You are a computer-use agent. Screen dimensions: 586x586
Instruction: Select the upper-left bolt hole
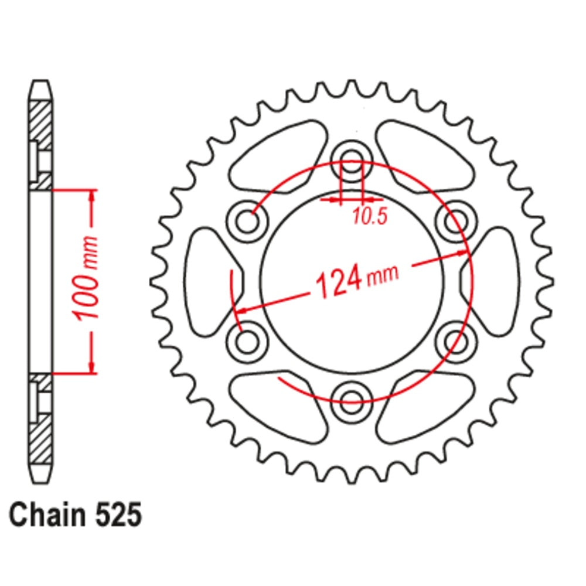tap(249, 222)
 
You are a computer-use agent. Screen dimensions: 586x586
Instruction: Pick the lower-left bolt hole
tap(249, 340)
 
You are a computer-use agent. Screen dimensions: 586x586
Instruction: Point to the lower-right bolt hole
tap(454, 340)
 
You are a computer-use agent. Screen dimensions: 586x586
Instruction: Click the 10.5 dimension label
tap(370, 217)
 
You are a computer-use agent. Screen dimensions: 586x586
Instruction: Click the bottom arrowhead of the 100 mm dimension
tap(91, 366)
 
